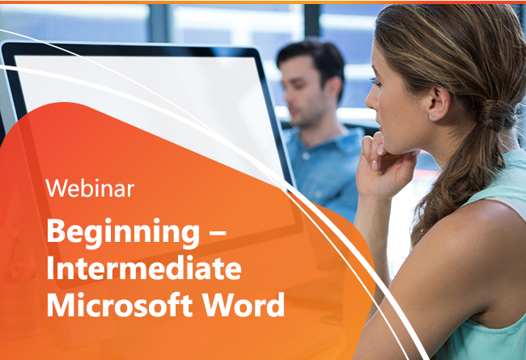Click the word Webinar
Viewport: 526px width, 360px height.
(90, 188)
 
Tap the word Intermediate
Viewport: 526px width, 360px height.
(144, 268)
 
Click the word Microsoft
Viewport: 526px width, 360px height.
(120, 305)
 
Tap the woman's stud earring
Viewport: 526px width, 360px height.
(433, 117)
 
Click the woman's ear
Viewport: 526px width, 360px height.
(439, 102)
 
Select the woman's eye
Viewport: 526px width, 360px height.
(375, 82)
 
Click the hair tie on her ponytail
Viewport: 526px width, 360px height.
(493, 116)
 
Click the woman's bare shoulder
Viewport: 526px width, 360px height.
(469, 235)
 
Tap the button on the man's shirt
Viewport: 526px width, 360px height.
(306, 155)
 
